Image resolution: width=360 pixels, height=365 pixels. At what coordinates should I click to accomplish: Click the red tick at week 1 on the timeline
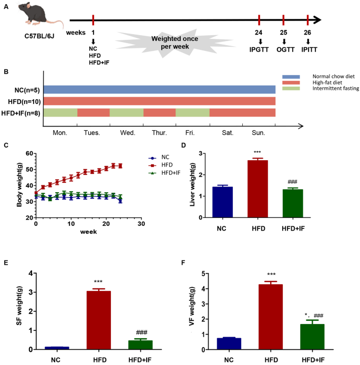pyautogui.click(x=93, y=20)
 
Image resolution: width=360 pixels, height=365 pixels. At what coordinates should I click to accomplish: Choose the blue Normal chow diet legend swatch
pyautogui.click(x=294, y=76)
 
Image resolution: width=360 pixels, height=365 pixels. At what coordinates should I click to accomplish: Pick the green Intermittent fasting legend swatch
pyautogui.click(x=294, y=88)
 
